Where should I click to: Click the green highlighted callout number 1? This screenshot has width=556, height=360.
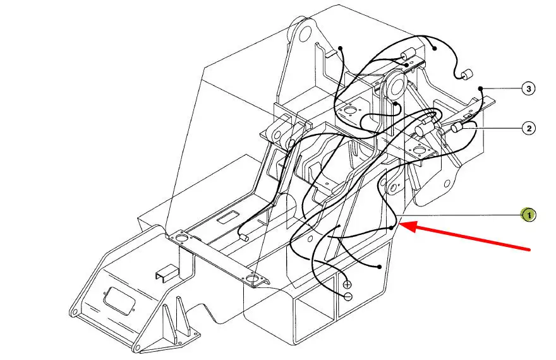528,215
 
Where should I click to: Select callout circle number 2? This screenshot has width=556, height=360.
529,128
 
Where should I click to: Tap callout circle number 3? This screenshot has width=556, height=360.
529,88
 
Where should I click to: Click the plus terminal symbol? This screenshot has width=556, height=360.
347,284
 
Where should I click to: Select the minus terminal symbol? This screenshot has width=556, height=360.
348,296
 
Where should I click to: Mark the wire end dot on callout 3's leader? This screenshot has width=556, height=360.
480,88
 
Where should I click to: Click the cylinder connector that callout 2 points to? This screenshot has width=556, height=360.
456,128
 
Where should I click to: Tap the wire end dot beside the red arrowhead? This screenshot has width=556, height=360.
391,228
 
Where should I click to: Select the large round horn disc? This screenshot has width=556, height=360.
394,86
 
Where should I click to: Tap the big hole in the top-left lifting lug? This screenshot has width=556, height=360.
304,35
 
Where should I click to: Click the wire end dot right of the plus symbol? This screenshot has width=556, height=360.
380,267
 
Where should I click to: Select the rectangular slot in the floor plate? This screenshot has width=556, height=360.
230,217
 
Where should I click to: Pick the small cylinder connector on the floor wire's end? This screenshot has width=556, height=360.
244,237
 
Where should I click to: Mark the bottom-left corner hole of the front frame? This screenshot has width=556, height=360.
73,313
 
